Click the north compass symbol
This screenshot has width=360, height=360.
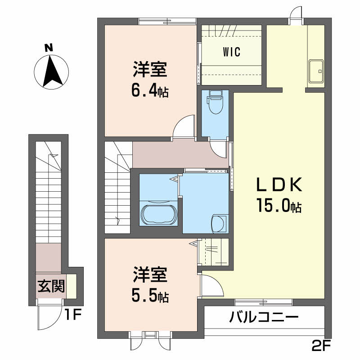(51, 71)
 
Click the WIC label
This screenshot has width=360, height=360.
(231, 52)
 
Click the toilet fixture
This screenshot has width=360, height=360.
(215, 102)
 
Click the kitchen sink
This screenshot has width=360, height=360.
(317, 71)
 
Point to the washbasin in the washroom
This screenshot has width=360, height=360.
(219, 222)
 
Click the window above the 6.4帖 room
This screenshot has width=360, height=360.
(167, 20)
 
